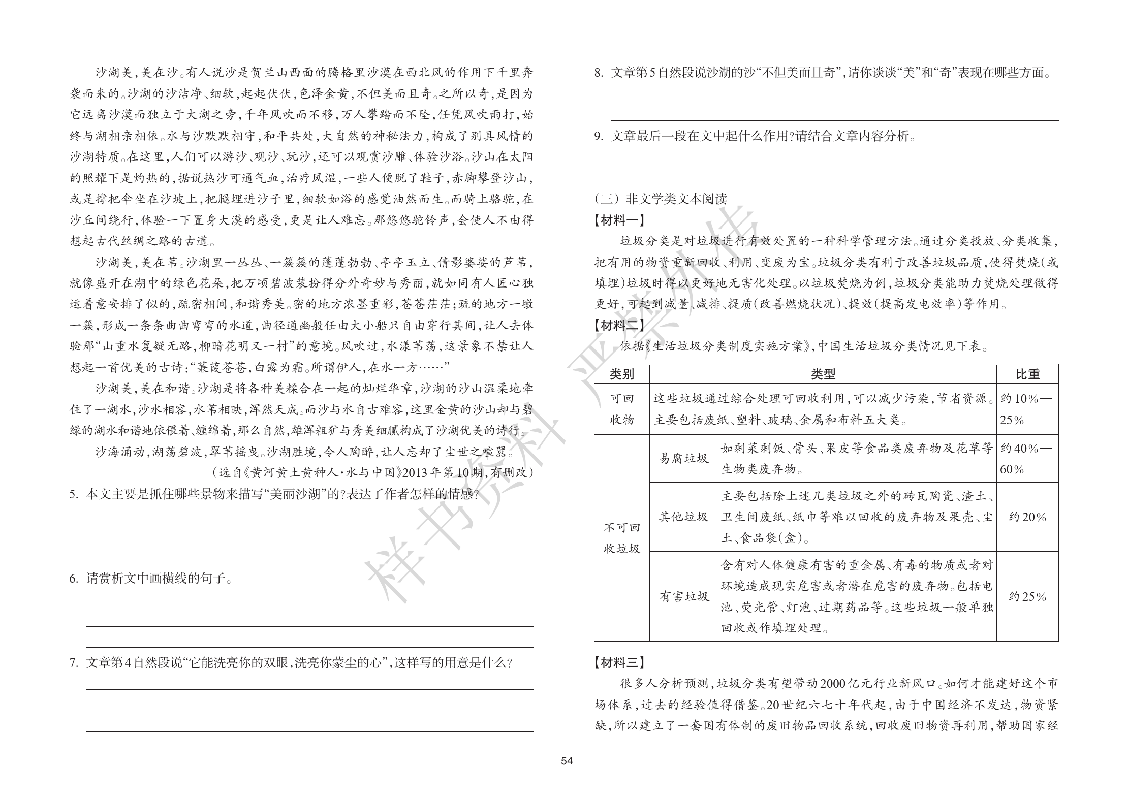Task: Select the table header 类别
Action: tap(621, 374)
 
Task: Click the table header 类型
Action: tap(823, 374)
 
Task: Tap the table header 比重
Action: tap(1027, 374)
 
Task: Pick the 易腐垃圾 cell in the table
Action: tap(683, 458)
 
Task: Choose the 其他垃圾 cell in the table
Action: tap(683, 517)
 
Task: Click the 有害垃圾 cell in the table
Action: tap(683, 596)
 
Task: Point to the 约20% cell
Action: tap(1027, 517)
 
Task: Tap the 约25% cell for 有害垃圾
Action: tap(1027, 597)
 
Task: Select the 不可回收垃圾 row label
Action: tap(621, 538)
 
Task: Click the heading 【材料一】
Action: tap(619, 220)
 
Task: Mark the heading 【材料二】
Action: tap(619, 326)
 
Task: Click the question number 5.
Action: tap(74, 494)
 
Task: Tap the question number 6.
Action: tap(74, 579)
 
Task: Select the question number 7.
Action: tap(74, 663)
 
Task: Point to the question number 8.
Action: tap(599, 73)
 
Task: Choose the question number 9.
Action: tap(599, 136)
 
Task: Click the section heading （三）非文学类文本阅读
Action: tap(661, 199)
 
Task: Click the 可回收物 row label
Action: tap(621, 409)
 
